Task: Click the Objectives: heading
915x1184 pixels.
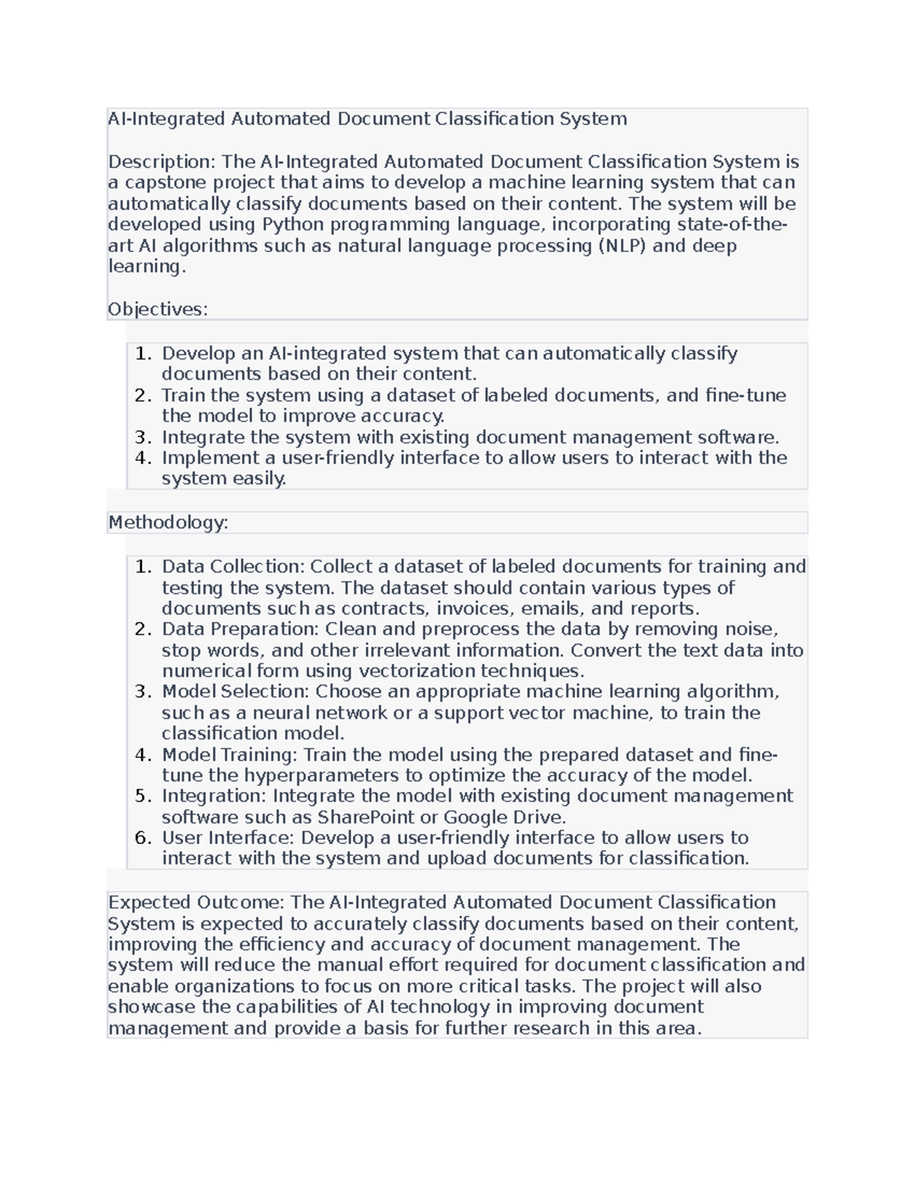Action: [158, 309]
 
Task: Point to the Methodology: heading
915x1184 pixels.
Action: [169, 522]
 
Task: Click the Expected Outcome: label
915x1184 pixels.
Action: [197, 902]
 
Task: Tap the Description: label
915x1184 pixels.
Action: [162, 162]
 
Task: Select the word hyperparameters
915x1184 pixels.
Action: [333, 775]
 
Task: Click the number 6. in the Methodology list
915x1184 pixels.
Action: [143, 838]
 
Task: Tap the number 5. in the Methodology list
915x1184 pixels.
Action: [143, 796]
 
